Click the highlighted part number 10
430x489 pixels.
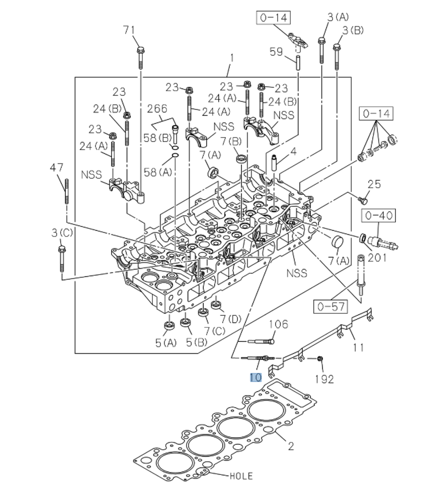[256, 377]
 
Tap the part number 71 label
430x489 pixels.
[129, 30]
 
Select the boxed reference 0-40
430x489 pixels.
[378, 215]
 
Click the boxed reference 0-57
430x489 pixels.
[331, 306]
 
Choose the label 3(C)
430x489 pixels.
[62, 232]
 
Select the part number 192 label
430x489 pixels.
[324, 379]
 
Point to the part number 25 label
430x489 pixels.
[374, 184]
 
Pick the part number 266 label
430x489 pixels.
[157, 108]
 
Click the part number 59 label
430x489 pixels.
[276, 52]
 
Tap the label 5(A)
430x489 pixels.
[165, 343]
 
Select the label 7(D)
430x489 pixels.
[230, 319]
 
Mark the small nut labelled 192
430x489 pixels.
[319, 359]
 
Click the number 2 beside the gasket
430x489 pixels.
[291, 446]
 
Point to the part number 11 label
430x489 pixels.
[358, 347]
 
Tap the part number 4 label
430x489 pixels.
[293, 152]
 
